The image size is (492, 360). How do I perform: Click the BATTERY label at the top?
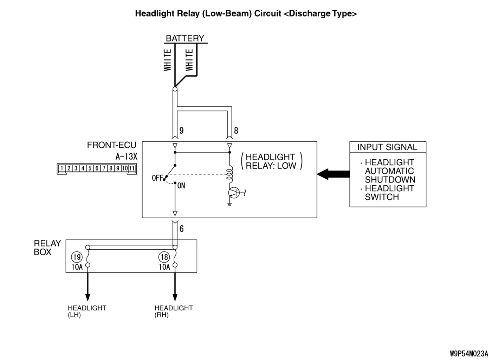(185, 38)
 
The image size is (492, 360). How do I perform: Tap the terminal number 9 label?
(181, 131)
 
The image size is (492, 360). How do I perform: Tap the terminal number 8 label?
(236, 131)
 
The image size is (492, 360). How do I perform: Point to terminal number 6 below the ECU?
(181, 229)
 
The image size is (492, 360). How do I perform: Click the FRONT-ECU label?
(111, 145)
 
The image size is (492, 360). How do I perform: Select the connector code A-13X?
(126, 156)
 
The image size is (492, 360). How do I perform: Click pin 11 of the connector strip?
(132, 168)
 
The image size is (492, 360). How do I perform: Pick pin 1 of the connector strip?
(62, 168)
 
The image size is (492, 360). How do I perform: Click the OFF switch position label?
(157, 178)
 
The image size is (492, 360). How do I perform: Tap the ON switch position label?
(181, 186)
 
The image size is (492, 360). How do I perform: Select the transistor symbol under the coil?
(233, 192)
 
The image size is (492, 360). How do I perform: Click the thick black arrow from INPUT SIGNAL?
(333, 174)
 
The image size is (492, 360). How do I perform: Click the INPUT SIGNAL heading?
(387, 147)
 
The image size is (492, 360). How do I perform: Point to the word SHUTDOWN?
(390, 180)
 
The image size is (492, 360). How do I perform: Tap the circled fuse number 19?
(77, 257)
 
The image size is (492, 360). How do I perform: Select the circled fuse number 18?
(164, 257)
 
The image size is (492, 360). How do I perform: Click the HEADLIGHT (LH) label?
(87, 311)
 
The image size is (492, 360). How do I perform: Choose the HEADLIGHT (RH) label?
(174, 311)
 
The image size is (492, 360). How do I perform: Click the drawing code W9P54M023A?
(469, 353)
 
